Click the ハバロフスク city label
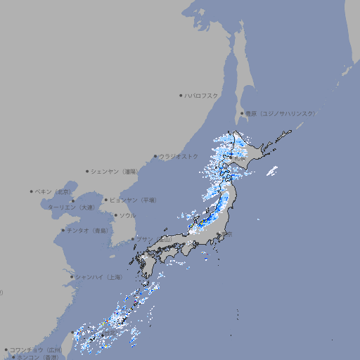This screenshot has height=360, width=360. pos(202,95)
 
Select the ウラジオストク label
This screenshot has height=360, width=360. pos(179,156)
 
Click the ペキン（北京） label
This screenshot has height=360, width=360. pos(53,191)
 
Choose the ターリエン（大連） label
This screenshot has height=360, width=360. pos(71,207)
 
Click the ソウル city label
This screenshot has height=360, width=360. pos(127,215)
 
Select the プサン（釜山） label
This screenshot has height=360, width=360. pos(153,239)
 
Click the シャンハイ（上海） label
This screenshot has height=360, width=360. pos(98,277)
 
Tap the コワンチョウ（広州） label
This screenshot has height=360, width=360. pos(36,349)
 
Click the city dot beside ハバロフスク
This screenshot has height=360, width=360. pos(181,95)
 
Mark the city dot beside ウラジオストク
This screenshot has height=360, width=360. pos(155,156)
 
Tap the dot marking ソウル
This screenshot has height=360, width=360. pos(115,215)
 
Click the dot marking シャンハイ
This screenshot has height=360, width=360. pos(72,277)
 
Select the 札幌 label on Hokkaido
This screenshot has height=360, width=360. pos(240,159)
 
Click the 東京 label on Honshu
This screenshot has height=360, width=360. pos(226,235)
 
